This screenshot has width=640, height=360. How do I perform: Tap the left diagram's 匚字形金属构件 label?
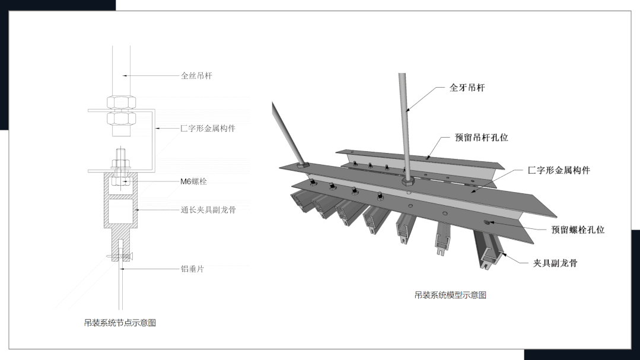[208, 128]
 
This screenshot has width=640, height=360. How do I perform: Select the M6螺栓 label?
[193, 181]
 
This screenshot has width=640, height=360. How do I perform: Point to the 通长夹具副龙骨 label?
[208, 210]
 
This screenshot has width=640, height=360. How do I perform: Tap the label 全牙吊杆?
[467, 88]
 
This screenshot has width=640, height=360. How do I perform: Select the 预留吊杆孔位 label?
[481, 138]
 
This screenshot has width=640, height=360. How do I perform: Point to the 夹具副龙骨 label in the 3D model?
[555, 263]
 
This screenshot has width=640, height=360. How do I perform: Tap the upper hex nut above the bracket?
[120, 101]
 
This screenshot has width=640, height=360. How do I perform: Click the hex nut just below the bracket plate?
[120, 119]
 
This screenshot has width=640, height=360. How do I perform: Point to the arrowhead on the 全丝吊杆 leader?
[123, 75]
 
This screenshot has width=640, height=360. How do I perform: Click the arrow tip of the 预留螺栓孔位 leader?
[485, 222]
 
